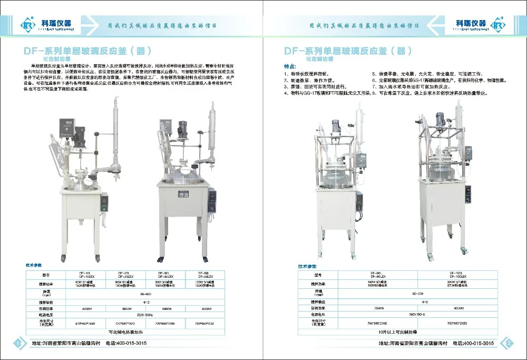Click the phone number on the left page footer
point(126,343)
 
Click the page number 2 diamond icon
point(509,343)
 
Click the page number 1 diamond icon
point(19,344)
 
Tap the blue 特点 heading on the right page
point(290,66)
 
